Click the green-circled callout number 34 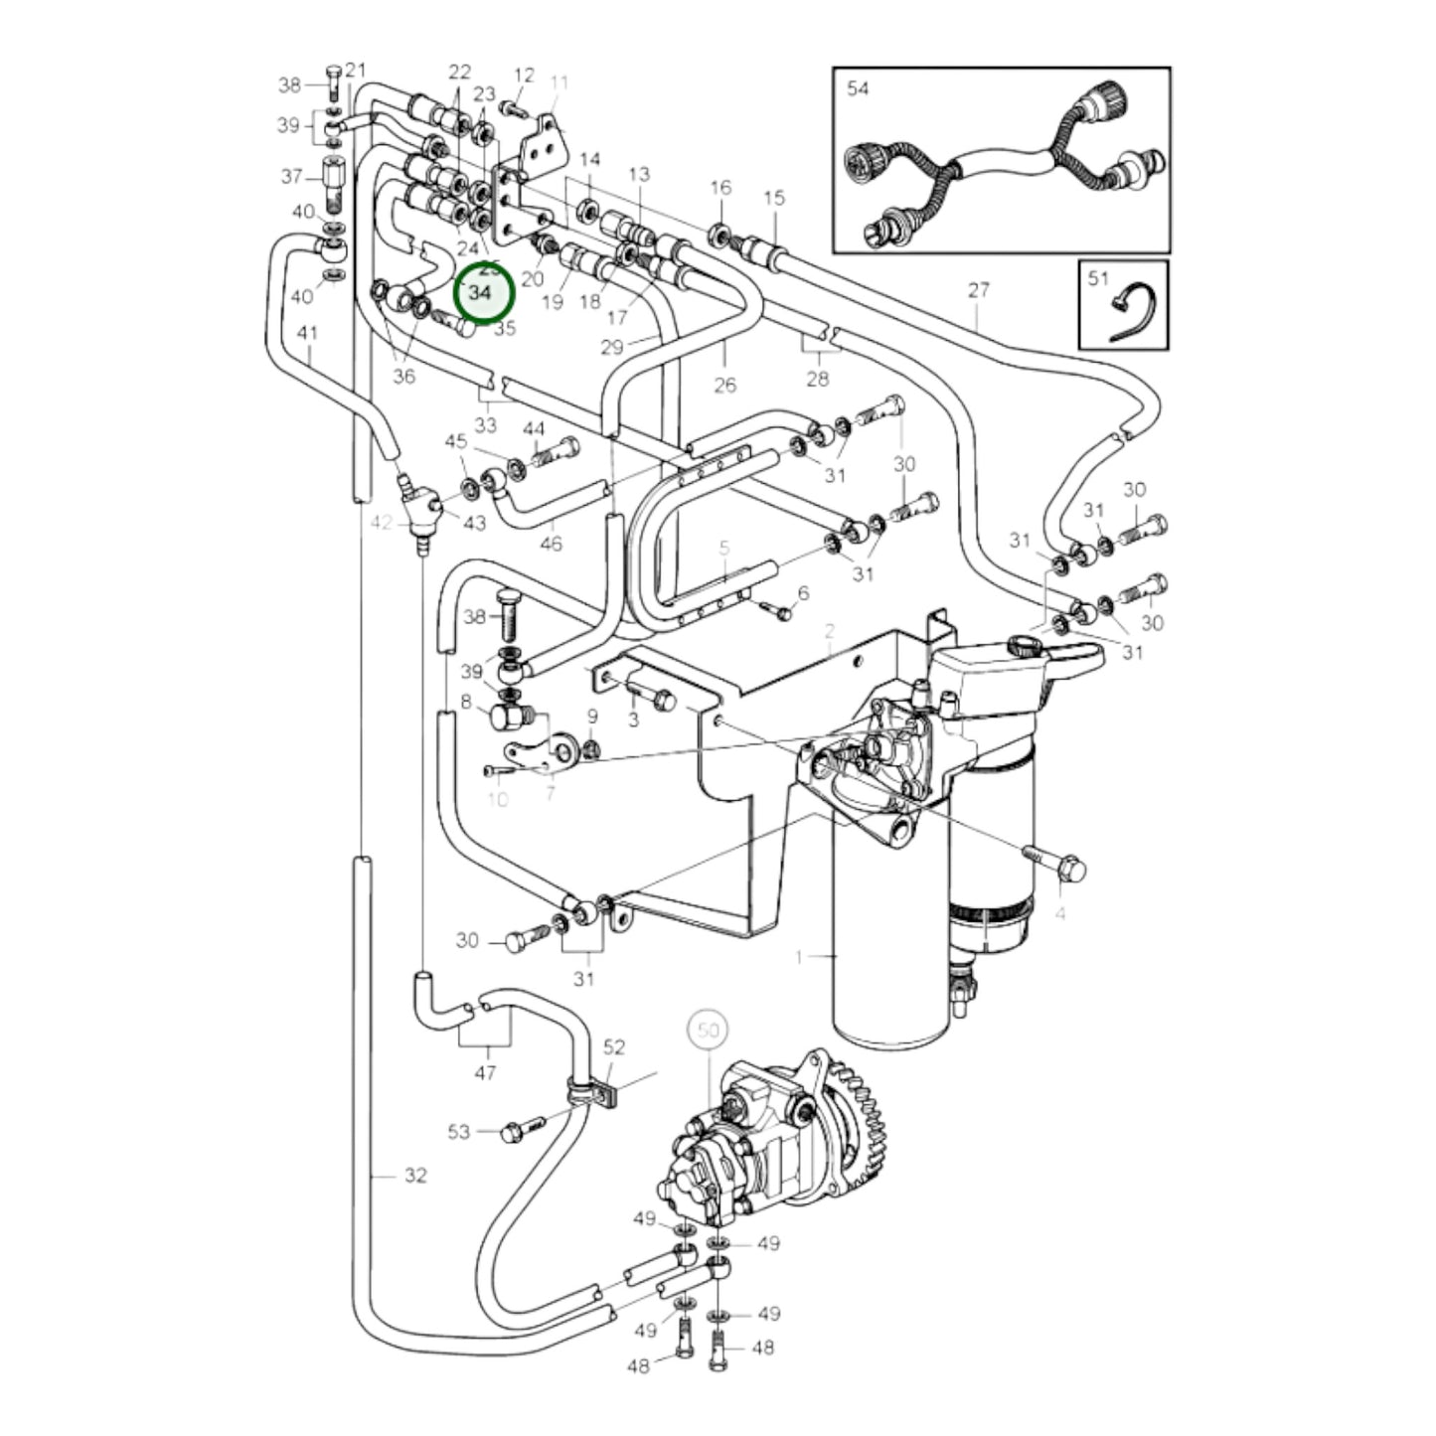(481, 293)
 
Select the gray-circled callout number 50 (708, 1031)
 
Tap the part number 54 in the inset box (858, 88)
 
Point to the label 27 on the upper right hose (979, 290)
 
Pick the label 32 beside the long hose (415, 1176)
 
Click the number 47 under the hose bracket (485, 1072)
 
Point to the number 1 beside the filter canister (798, 957)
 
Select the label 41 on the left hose (308, 333)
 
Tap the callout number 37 (291, 177)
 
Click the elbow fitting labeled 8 (507, 716)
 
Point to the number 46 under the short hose (551, 543)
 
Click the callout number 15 (774, 198)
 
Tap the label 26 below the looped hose (724, 385)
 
